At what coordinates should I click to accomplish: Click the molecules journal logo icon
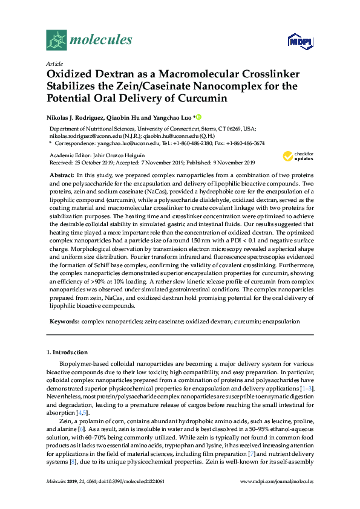[56, 40]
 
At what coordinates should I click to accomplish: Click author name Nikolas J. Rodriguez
[74, 117]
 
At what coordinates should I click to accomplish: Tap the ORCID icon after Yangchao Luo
[198, 117]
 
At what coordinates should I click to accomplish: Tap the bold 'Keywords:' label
[64, 322]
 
